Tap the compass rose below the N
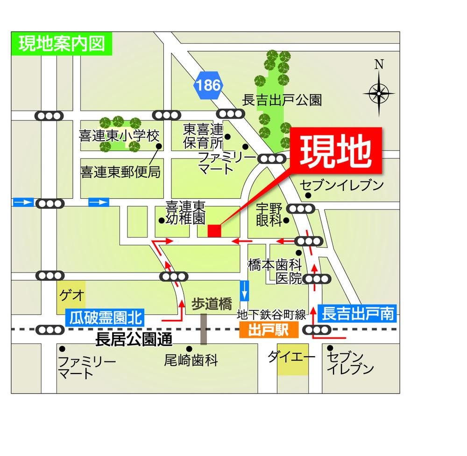pyautogui.click(x=378, y=94)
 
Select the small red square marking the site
pyautogui.click(x=214, y=231)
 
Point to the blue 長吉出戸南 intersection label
pyautogui.click(x=357, y=313)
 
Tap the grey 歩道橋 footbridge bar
pyautogui.click(x=204, y=329)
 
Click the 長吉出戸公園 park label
pyautogui.click(x=283, y=100)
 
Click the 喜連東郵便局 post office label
pyautogui.click(x=120, y=173)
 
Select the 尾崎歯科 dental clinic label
pyautogui.click(x=191, y=360)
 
